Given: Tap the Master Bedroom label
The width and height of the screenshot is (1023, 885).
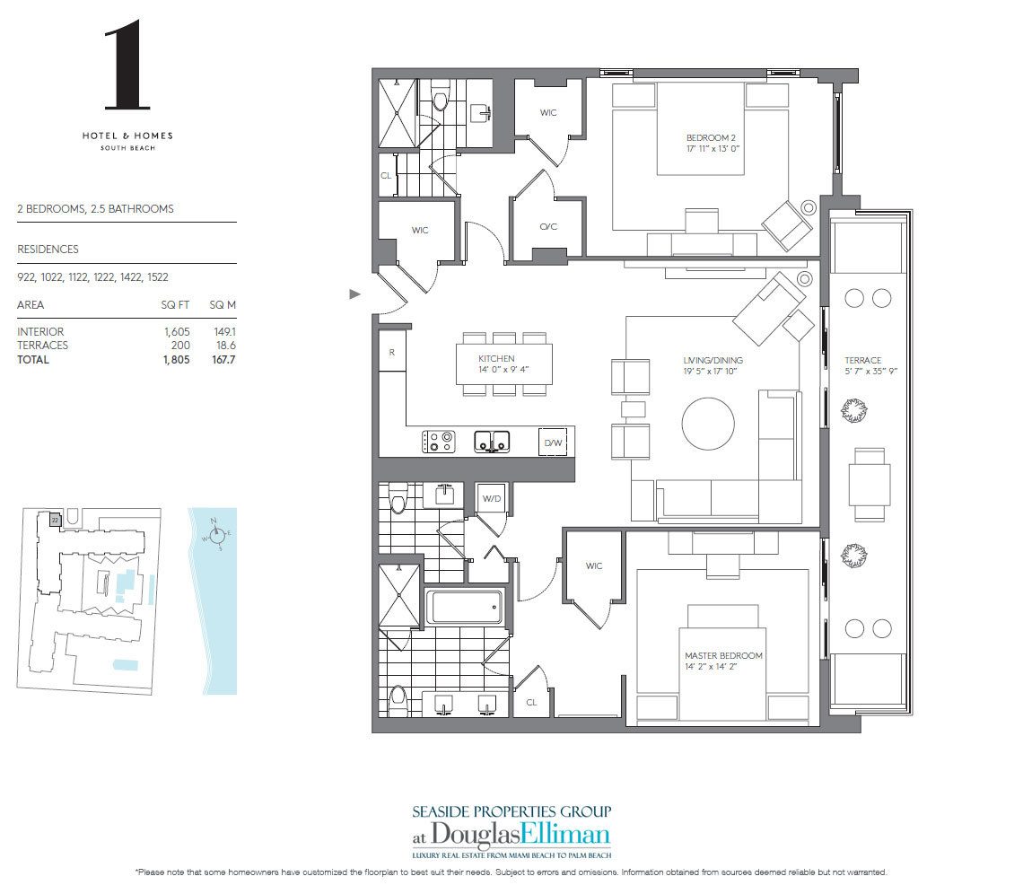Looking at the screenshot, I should point(722,662).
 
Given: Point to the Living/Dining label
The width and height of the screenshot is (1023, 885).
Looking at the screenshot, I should point(713,366).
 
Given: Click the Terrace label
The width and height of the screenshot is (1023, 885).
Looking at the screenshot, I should point(862,366).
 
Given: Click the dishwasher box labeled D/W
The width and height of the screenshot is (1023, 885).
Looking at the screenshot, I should point(551,442).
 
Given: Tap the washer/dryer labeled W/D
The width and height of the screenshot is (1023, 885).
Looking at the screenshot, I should point(491,498).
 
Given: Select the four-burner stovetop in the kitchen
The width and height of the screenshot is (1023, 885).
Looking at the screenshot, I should point(439,442).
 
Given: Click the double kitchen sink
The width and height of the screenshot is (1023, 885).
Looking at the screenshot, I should point(492,441).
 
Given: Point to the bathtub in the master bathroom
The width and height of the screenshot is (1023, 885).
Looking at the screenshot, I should point(461,609).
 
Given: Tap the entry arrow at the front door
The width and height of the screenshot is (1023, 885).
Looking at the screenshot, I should point(355,294).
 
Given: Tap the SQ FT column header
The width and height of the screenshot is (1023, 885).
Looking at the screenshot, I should point(176,305).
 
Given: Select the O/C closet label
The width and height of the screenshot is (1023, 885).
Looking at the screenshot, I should point(547,226).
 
